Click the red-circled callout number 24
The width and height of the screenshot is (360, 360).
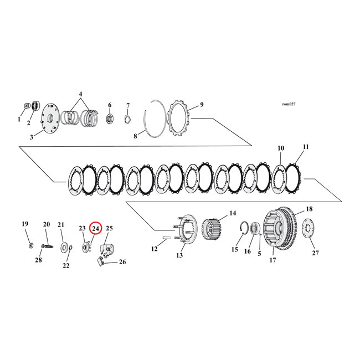95,228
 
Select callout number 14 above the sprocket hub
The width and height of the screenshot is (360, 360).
233,213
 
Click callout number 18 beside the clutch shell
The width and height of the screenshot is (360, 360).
309,209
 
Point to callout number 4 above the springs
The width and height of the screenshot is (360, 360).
80,94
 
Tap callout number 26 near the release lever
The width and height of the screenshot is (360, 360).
122,262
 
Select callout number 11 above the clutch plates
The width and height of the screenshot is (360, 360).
306,147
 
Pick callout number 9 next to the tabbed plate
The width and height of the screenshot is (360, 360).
202,104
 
